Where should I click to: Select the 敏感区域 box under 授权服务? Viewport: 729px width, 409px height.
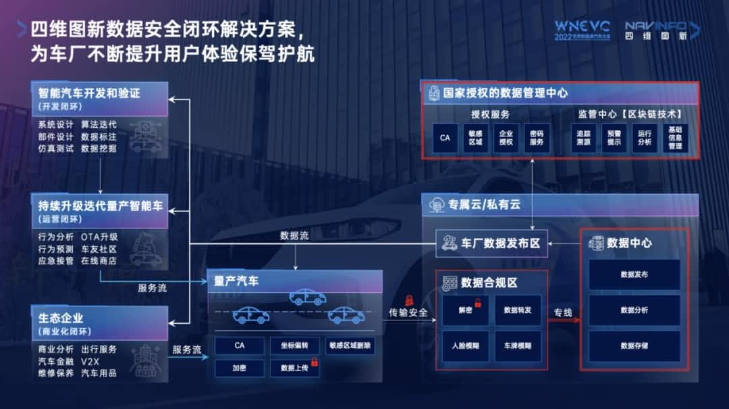(476, 138)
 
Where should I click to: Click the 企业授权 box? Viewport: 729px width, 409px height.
(506, 138)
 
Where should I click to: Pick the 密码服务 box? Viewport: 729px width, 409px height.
(536, 138)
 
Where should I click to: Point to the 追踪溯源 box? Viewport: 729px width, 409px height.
(583, 138)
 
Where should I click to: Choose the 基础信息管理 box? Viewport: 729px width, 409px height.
(675, 138)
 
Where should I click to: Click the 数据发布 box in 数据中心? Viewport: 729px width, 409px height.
(634, 275)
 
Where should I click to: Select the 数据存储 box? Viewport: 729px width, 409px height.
(634, 345)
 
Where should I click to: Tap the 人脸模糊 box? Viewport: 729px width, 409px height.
(465, 345)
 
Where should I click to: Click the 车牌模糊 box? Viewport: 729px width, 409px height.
(518, 345)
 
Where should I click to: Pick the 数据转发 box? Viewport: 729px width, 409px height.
(518, 310)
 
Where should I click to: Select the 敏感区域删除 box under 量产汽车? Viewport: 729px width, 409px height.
(350, 345)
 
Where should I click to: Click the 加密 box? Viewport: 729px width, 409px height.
(239, 368)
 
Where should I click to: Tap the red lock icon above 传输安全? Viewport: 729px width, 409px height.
(408, 300)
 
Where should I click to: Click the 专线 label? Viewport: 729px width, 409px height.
(563, 312)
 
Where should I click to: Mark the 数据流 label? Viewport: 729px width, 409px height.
(294, 236)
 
